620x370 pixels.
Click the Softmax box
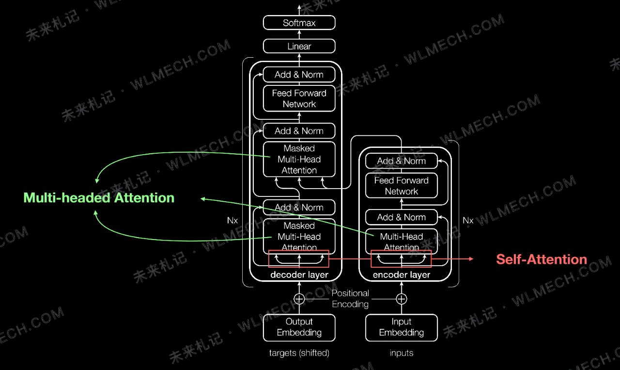299,23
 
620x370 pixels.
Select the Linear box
299,46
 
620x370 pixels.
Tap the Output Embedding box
299,327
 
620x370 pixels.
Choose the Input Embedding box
402,327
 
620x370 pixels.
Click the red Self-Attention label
542,259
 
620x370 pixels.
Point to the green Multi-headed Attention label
99,198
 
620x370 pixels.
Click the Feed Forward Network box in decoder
299,98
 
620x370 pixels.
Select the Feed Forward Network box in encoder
402,186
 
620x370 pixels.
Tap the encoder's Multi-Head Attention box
402,241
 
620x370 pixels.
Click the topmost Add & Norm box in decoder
299,75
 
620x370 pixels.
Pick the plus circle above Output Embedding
299,299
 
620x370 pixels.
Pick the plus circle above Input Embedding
402,299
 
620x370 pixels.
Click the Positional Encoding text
350,299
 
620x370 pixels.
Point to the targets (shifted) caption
299,353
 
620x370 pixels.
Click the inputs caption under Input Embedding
402,353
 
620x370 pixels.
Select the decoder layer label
299,274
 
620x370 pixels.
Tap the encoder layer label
402,274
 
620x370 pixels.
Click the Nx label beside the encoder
468,220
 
